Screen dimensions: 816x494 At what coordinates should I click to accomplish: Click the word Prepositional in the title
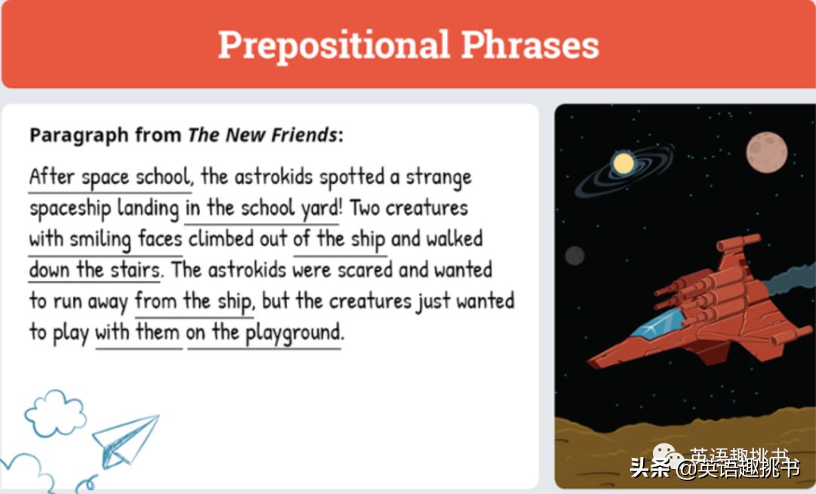[x=334, y=45]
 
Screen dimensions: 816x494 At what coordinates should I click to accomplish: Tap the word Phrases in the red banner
[x=530, y=45]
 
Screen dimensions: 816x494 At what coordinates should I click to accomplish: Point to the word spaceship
[x=70, y=208]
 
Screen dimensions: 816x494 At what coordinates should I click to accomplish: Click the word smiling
[x=100, y=239]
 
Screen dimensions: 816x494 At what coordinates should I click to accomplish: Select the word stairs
[x=134, y=270]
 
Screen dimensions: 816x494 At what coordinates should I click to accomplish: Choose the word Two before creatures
[x=365, y=208]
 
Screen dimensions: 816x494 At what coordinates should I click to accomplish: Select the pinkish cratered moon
[x=767, y=153]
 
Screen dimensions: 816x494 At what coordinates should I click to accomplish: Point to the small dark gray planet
[x=575, y=256]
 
